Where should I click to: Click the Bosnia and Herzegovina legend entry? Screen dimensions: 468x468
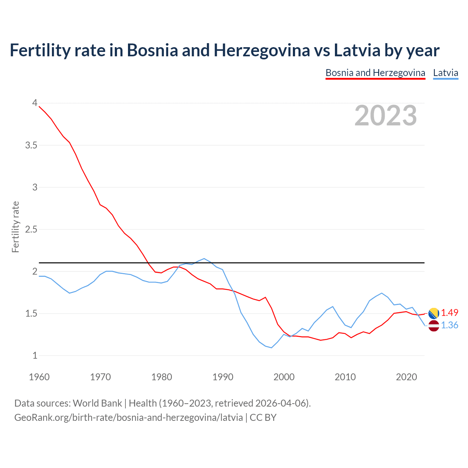point(375,73)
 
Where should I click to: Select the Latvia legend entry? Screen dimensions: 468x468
point(445,73)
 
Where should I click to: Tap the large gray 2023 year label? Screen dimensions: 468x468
point(386,116)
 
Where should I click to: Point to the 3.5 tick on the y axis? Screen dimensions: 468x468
point(31,146)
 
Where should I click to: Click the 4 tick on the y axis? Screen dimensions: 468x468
point(35,103)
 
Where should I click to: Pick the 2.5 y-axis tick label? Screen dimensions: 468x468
point(31,230)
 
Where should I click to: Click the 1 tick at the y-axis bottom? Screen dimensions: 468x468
point(35,356)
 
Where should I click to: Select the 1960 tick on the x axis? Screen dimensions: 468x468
point(39,377)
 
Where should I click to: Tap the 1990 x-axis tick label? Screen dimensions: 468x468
point(223,377)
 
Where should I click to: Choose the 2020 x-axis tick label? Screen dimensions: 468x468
point(406,377)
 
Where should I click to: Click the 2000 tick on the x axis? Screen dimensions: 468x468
point(284,377)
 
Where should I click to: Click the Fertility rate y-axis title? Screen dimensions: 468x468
point(15,227)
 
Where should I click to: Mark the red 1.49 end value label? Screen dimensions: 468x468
point(449,313)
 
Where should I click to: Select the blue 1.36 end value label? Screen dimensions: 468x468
point(449,325)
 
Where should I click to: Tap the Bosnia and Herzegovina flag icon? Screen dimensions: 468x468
point(434,313)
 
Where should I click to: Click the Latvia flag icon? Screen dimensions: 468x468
point(434,326)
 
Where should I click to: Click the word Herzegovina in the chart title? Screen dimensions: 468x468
point(261,50)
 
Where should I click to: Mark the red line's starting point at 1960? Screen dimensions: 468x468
point(39,106)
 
